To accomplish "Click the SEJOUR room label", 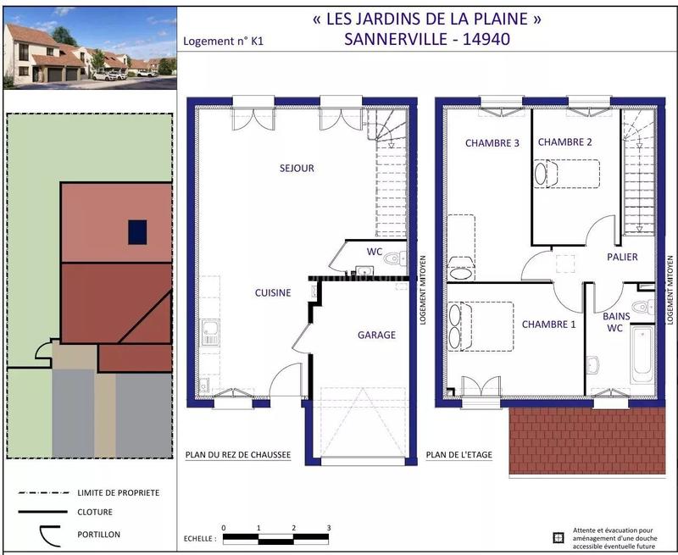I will click(x=297, y=168).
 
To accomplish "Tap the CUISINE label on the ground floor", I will click(x=273, y=293).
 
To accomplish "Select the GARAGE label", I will click(x=376, y=335).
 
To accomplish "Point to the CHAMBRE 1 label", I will click(x=548, y=325).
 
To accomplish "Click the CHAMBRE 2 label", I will click(x=564, y=142).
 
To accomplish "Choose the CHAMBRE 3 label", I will click(x=492, y=143).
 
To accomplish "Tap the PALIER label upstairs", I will click(x=622, y=257).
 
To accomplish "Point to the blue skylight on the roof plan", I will click(x=137, y=231).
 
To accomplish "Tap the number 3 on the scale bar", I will click(x=328, y=528).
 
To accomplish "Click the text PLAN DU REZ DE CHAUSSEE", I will click(x=238, y=455).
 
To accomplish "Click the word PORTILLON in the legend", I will click(x=98, y=535).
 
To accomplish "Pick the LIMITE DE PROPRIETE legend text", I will click(x=118, y=492).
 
